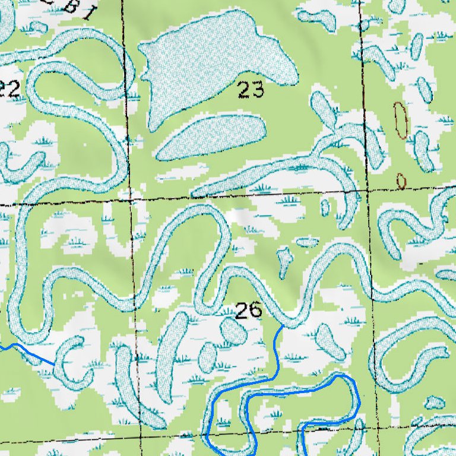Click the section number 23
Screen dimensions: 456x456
(x=251, y=90)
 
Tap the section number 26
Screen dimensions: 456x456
(x=248, y=310)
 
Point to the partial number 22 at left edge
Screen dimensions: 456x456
(x=8, y=89)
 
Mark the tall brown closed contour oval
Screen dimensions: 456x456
(x=401, y=120)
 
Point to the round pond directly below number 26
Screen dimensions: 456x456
(x=233, y=331)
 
